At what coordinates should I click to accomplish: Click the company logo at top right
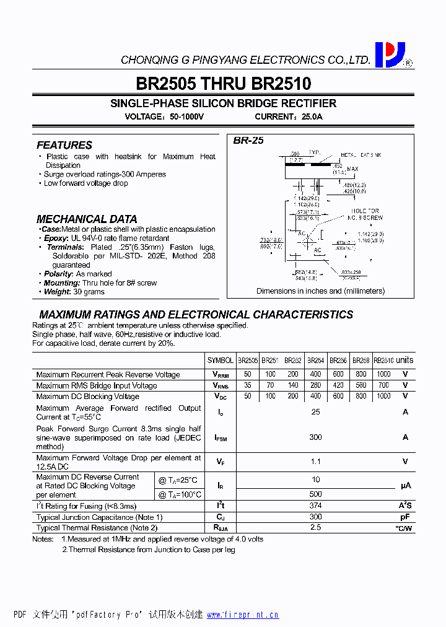[x=390, y=55]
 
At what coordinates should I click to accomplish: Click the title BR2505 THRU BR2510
[x=223, y=83]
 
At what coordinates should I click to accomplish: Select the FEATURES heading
[x=64, y=145]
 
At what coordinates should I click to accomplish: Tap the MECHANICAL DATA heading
[x=87, y=219]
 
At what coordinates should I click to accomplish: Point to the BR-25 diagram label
[x=248, y=141]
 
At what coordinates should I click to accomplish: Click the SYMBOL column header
[x=221, y=360]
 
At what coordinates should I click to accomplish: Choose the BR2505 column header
[x=248, y=360]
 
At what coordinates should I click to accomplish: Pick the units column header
[x=404, y=360]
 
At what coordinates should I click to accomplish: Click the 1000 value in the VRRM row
[x=383, y=374]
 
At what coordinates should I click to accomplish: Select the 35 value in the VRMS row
[x=248, y=385]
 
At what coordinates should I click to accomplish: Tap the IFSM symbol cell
[x=221, y=437]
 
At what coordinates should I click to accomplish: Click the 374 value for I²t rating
[x=315, y=506]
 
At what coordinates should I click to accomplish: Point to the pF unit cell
[x=405, y=517]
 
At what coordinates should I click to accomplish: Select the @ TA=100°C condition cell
[x=180, y=494]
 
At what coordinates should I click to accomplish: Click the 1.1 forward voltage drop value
[x=315, y=461]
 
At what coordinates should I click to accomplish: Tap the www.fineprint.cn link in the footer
[x=242, y=615]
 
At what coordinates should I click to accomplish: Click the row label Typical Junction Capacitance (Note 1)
[x=99, y=517]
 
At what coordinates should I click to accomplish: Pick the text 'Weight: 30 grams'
[x=69, y=291]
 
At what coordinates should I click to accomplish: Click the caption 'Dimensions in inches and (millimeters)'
[x=320, y=291]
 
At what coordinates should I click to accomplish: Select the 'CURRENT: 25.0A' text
[x=289, y=116]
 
